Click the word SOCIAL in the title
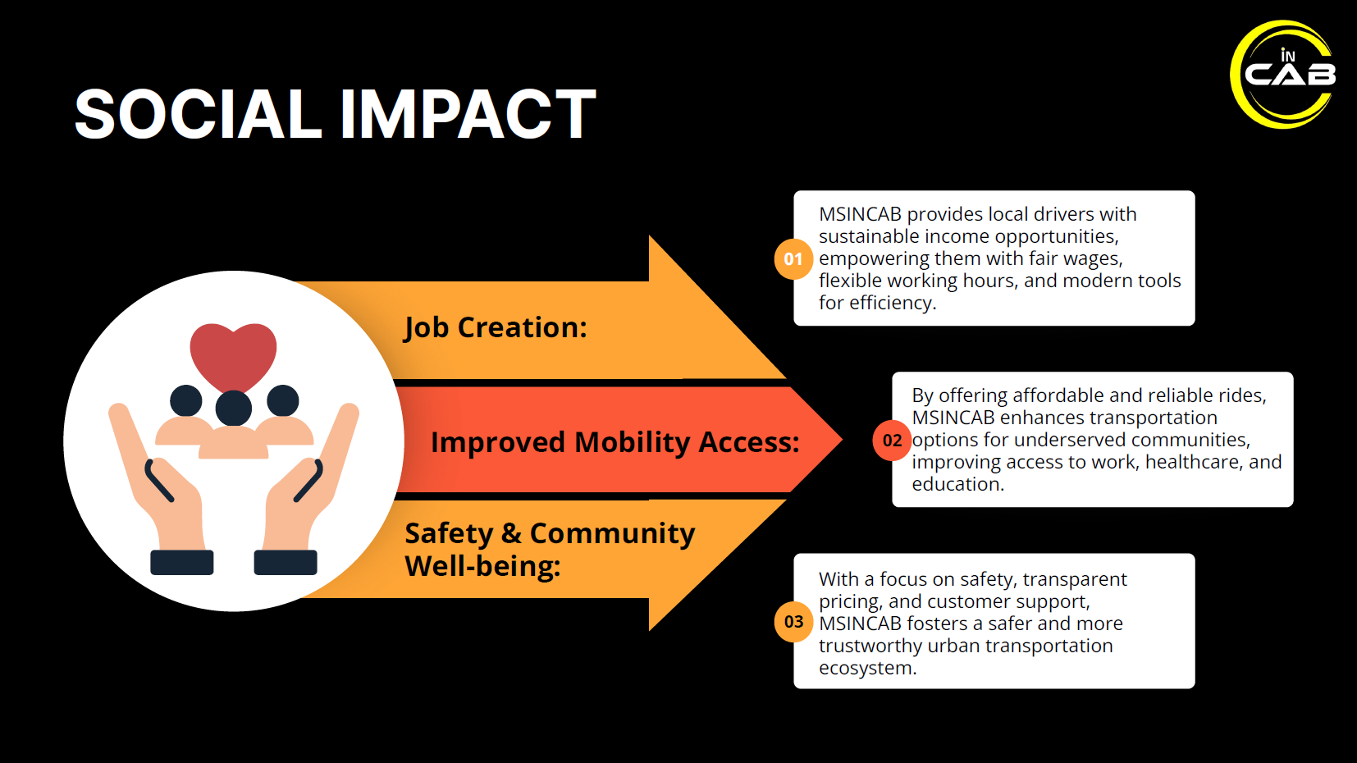[198, 114]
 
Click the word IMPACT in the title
[468, 114]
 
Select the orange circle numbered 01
[793, 259]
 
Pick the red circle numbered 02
[892, 441]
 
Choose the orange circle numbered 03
[793, 622]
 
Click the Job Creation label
[496, 327]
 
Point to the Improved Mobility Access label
[615, 442]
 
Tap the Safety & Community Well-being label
[549, 549]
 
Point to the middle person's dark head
[234, 408]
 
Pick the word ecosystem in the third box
[866, 668]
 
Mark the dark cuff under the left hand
[182, 562]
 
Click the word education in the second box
[957, 484]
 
